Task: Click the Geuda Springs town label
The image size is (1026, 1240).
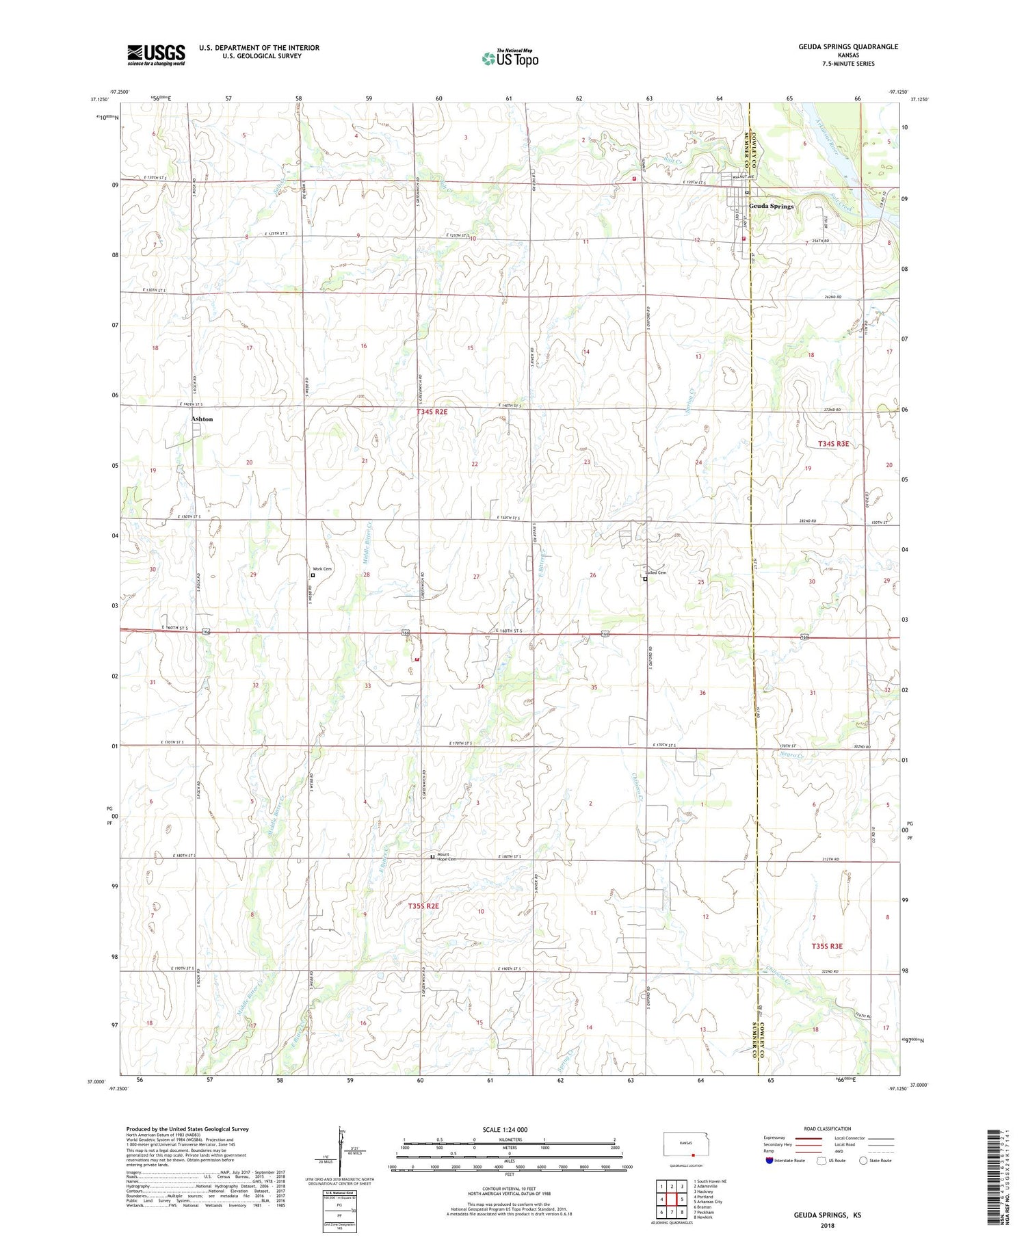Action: point(771,206)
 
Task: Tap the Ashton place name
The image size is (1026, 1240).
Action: point(202,419)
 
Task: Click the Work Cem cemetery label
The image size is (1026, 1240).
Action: point(322,569)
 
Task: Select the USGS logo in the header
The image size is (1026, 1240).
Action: point(156,55)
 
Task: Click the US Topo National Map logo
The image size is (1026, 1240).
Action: point(510,59)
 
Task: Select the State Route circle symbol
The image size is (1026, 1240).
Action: point(864,1161)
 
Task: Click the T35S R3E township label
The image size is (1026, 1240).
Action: point(827,946)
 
